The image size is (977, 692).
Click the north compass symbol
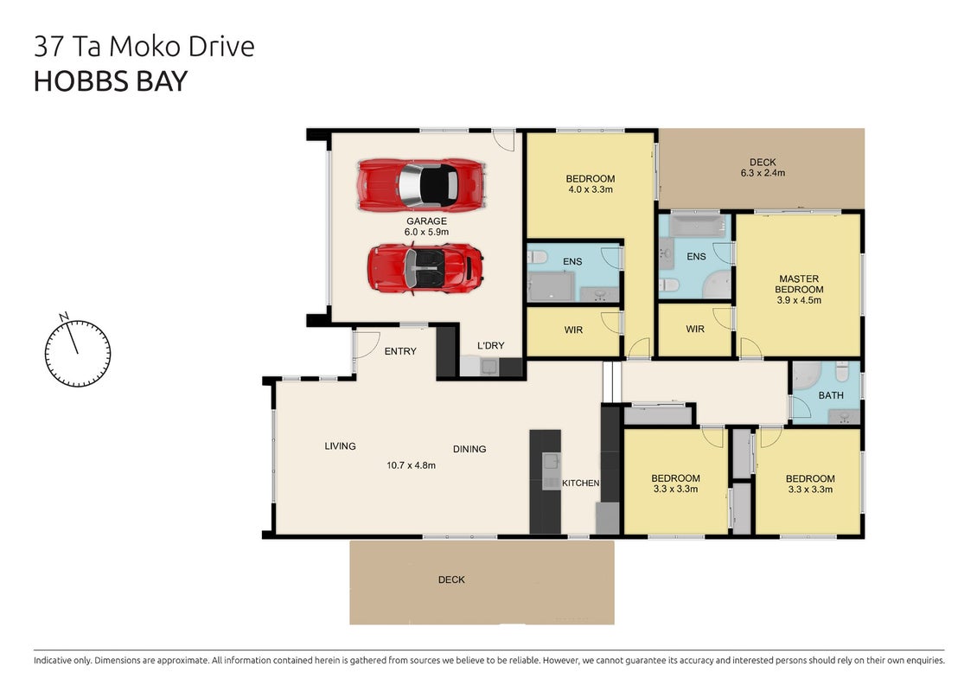78,352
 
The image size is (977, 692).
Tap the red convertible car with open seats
425,269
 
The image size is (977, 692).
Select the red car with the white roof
421,185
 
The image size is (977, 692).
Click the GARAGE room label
426,221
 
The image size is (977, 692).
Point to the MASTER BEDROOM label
799,285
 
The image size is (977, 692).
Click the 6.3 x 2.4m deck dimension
763,173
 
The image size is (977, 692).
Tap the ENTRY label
400,351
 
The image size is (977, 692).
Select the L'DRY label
491,346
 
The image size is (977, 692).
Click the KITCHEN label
581,484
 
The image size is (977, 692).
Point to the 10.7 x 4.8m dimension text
412,465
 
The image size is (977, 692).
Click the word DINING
469,449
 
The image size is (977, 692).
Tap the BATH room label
831,395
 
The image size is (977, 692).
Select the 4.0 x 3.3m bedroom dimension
590,189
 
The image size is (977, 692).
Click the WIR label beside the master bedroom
695,330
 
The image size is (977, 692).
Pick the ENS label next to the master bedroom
696,257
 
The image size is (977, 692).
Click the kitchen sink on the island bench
551,462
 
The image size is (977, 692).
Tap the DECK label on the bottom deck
451,580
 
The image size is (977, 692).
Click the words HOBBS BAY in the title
111,81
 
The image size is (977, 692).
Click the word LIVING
340,446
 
